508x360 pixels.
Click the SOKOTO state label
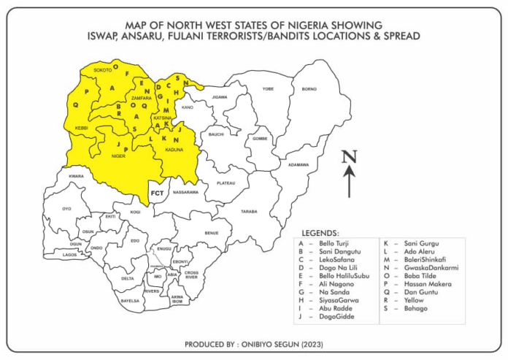(x=102, y=69)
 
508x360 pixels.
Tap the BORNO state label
(x=309, y=88)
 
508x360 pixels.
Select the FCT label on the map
(x=157, y=193)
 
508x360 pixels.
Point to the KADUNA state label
(x=174, y=150)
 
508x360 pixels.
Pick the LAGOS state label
(x=70, y=255)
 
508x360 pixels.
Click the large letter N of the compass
(x=350, y=156)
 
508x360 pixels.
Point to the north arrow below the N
(x=350, y=182)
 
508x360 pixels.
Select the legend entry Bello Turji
(x=335, y=242)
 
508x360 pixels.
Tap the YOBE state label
(x=268, y=88)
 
